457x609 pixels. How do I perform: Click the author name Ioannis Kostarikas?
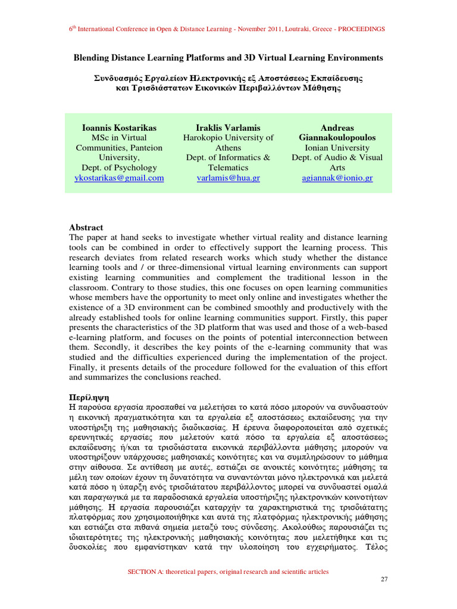tap(120, 128)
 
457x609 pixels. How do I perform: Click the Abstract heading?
tap(86, 228)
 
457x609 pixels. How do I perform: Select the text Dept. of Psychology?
tap(120, 168)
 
